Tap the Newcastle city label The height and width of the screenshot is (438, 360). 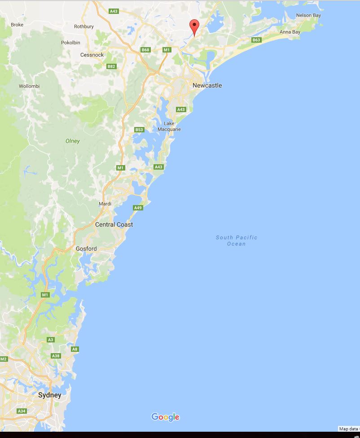coord(207,85)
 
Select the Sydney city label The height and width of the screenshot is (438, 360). coord(49,395)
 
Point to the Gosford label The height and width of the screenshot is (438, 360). coord(86,249)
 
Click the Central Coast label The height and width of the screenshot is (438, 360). coord(114,224)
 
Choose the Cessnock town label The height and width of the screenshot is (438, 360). coord(92,55)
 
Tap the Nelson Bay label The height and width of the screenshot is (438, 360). coord(308,15)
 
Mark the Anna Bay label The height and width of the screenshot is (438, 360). coord(290,32)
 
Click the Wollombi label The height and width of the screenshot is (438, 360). coord(29,86)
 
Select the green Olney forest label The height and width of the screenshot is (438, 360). coord(72,141)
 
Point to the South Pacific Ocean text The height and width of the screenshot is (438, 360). coord(237,241)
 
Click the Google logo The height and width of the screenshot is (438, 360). coord(165,417)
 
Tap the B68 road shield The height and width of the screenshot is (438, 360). coord(145,50)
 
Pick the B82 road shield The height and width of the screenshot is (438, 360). coord(111,66)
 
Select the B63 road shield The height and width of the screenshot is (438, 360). coord(256,40)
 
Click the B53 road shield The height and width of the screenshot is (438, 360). coord(139,130)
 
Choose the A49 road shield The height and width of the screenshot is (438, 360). coord(138,208)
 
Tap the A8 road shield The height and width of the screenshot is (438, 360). coord(75,349)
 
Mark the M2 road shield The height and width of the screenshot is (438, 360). coord(4,359)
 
